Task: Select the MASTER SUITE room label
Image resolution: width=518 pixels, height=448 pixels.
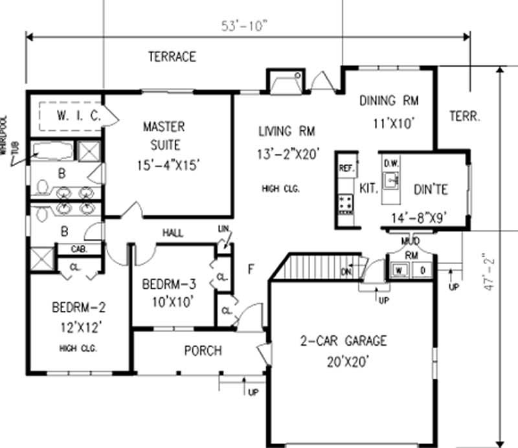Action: tap(163, 135)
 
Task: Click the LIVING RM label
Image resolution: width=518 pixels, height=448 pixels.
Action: tap(286, 132)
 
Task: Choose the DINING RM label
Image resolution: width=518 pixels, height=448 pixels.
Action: tap(388, 100)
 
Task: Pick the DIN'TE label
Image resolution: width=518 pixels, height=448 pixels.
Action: tap(431, 190)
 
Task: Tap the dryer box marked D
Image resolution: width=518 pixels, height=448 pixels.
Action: tap(422, 270)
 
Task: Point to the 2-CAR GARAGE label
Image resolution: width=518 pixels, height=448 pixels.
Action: tap(343, 341)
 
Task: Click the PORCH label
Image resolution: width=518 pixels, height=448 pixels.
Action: tap(202, 351)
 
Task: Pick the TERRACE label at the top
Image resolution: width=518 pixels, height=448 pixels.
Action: tap(172, 57)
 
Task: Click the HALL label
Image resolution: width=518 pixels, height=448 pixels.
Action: tap(172, 232)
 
